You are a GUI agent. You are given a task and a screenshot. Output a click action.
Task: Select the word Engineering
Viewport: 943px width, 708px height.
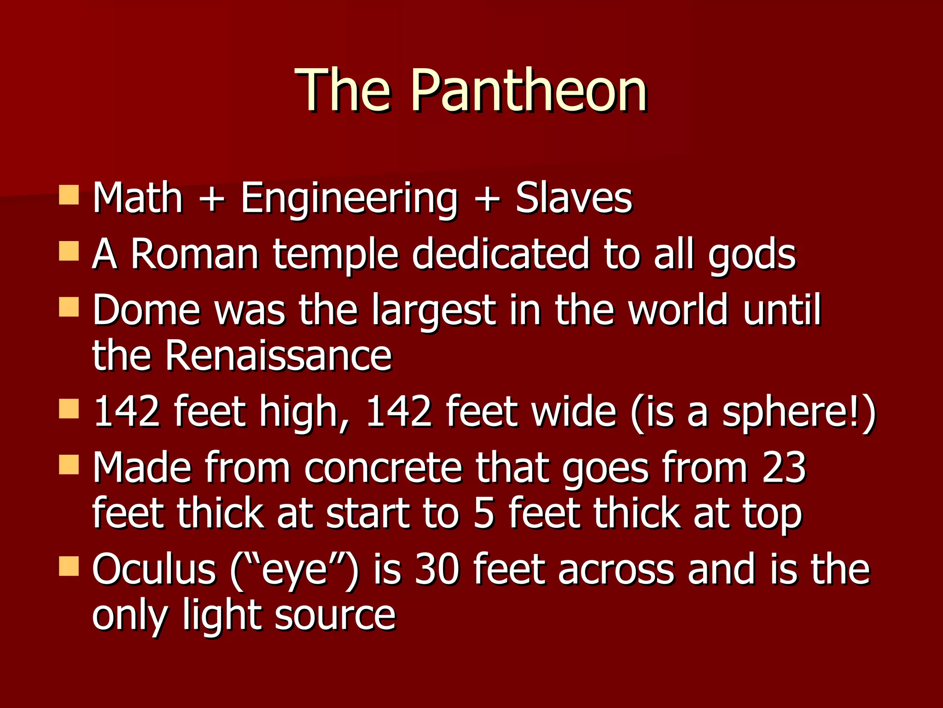(349, 199)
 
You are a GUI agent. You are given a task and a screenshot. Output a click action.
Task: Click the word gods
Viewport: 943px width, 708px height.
(751, 255)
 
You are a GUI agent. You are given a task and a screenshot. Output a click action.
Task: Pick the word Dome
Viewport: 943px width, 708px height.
(146, 310)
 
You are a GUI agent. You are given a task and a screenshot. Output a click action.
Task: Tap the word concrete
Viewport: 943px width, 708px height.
(383, 468)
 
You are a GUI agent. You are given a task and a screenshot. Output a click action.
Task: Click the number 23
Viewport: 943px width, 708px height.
(784, 468)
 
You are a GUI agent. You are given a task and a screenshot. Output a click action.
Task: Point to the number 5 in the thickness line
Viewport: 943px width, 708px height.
(483, 514)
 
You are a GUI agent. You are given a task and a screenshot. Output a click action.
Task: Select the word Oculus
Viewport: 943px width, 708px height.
(154, 570)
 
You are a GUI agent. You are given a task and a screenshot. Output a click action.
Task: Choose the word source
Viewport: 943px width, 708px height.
(335, 616)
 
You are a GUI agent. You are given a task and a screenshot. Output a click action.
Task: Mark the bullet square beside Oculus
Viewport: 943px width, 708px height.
(69, 566)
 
